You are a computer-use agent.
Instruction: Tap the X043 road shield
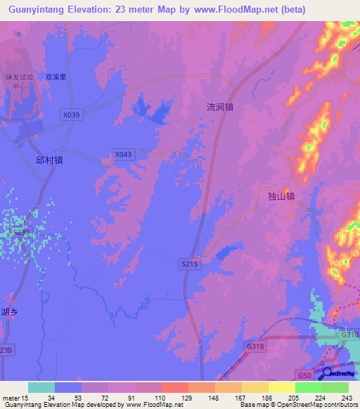coord(122,154)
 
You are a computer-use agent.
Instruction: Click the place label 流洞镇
coord(219,108)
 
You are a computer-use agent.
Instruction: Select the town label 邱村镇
coord(49,160)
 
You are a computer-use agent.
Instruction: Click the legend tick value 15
coord(22,398)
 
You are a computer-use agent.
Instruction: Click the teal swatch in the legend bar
coord(41,387)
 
